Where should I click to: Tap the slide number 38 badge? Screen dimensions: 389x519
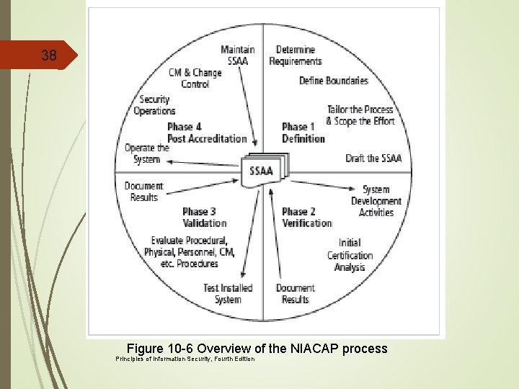(49, 55)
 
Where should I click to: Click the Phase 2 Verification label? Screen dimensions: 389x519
(306, 217)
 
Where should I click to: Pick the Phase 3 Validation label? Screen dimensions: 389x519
(204, 217)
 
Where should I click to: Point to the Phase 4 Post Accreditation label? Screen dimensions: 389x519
(206, 133)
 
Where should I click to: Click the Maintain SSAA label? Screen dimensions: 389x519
(237, 55)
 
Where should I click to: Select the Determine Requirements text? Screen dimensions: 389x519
(296, 55)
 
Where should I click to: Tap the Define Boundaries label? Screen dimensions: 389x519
(333, 80)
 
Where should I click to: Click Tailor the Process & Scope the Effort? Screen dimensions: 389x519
(360, 115)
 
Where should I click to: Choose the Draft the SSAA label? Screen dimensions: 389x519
(373, 158)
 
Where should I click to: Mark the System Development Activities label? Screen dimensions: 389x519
(376, 201)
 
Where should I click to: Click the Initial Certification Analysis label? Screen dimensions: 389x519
(350, 255)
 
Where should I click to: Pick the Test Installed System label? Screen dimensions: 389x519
(228, 293)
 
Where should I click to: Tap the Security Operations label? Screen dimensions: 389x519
(154, 105)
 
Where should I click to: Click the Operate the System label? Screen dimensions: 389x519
(146, 153)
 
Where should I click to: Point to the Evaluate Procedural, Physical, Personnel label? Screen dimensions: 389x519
(189, 252)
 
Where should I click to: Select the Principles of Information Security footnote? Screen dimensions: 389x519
(185, 359)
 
